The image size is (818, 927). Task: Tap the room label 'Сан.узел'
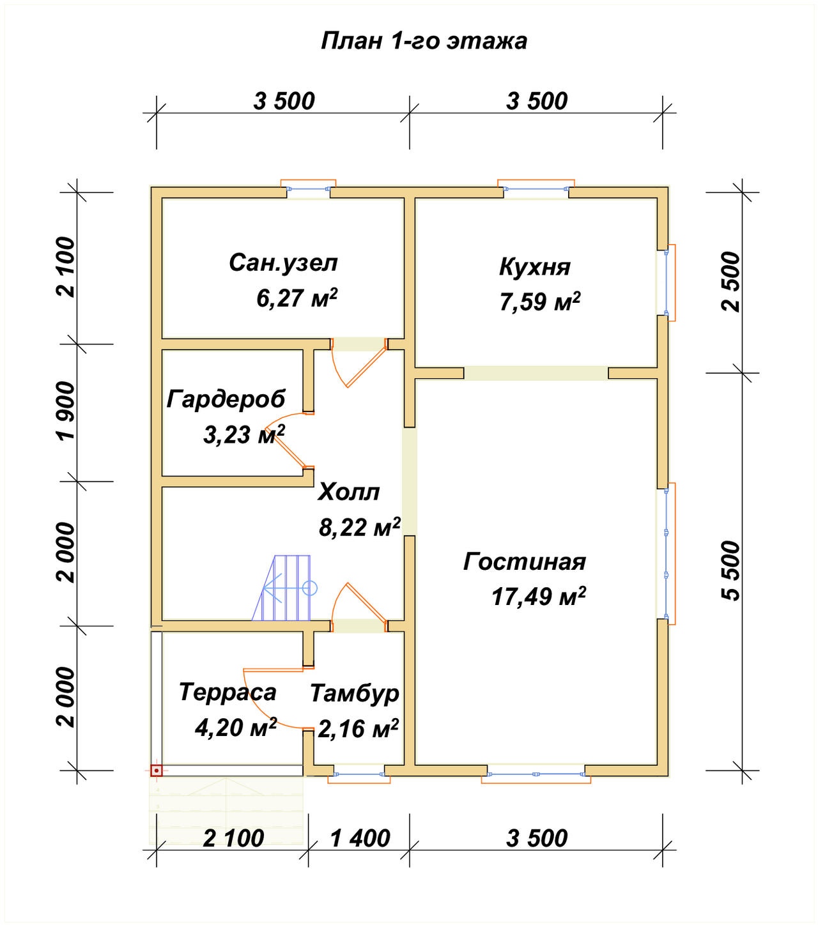(x=283, y=263)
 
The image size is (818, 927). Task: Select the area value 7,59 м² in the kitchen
(x=539, y=302)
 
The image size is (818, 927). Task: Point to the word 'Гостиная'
(x=524, y=562)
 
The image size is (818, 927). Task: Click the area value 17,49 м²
(x=538, y=596)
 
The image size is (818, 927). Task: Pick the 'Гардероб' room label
(x=226, y=399)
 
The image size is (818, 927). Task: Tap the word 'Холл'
(x=349, y=493)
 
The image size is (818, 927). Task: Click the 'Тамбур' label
(x=355, y=694)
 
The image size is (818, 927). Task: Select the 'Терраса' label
(x=228, y=693)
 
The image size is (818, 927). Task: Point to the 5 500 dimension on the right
(x=730, y=571)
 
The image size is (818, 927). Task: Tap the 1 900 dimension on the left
(x=66, y=410)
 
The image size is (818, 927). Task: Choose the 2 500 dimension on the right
(x=730, y=282)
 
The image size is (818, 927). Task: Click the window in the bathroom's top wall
(x=308, y=187)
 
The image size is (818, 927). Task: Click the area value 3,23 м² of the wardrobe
(x=244, y=434)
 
